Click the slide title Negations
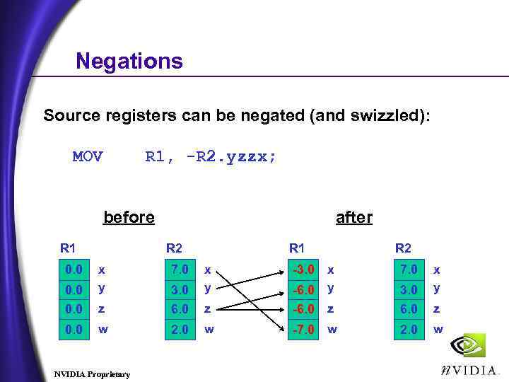[129, 61]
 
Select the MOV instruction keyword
[88, 156]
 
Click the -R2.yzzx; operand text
[231, 156]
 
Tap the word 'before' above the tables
[129, 217]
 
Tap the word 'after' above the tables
[354, 217]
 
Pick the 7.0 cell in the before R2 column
[180, 270]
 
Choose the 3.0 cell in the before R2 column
[180, 289]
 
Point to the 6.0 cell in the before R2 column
[180, 309]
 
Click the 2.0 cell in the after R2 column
[409, 329]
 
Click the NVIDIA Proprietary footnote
[92, 373]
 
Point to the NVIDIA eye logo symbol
[469, 346]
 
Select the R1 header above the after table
[297, 248]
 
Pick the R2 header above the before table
[173, 248]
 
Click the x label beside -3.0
[329, 270]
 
